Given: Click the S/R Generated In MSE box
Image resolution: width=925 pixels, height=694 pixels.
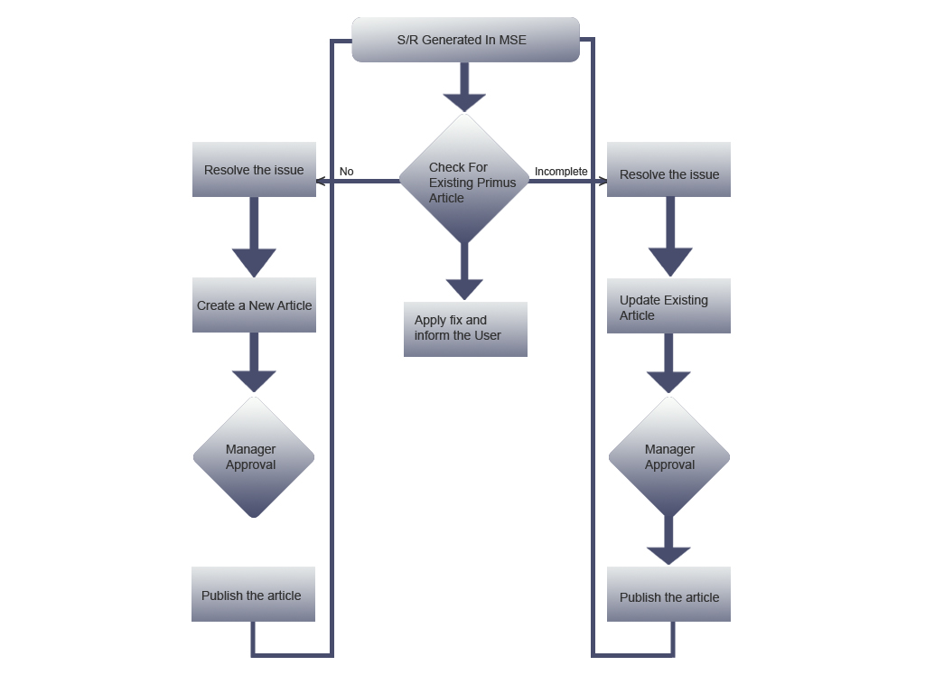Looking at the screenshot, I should point(465,40).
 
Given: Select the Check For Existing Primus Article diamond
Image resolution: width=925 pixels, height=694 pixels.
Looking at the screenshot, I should point(464,181).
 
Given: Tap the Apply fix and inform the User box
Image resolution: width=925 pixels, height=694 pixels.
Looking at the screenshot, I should point(465,329).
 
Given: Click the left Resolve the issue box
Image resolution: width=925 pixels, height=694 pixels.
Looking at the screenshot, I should point(254,170).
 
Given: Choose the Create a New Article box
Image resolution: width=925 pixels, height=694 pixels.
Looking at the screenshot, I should point(254,305).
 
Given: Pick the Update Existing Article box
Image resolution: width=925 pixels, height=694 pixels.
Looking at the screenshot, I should point(668,306).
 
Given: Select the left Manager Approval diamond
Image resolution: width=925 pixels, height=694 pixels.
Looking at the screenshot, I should point(254,457).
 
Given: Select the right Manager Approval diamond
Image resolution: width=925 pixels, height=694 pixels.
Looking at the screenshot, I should point(669,457).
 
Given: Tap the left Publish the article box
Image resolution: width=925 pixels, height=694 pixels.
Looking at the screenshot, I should point(253,595).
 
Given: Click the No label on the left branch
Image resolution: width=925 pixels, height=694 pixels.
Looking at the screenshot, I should point(346,172).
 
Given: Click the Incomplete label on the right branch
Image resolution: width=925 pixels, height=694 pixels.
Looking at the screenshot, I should point(561,172).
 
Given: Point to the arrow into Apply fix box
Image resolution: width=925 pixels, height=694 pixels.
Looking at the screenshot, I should point(464,275).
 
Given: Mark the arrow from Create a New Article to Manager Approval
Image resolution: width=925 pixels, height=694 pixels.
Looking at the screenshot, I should point(254,363).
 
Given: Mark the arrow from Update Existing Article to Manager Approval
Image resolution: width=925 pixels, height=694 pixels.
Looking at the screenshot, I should point(668,364).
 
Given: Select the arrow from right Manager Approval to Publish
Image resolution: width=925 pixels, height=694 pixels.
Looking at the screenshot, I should point(668,542).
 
